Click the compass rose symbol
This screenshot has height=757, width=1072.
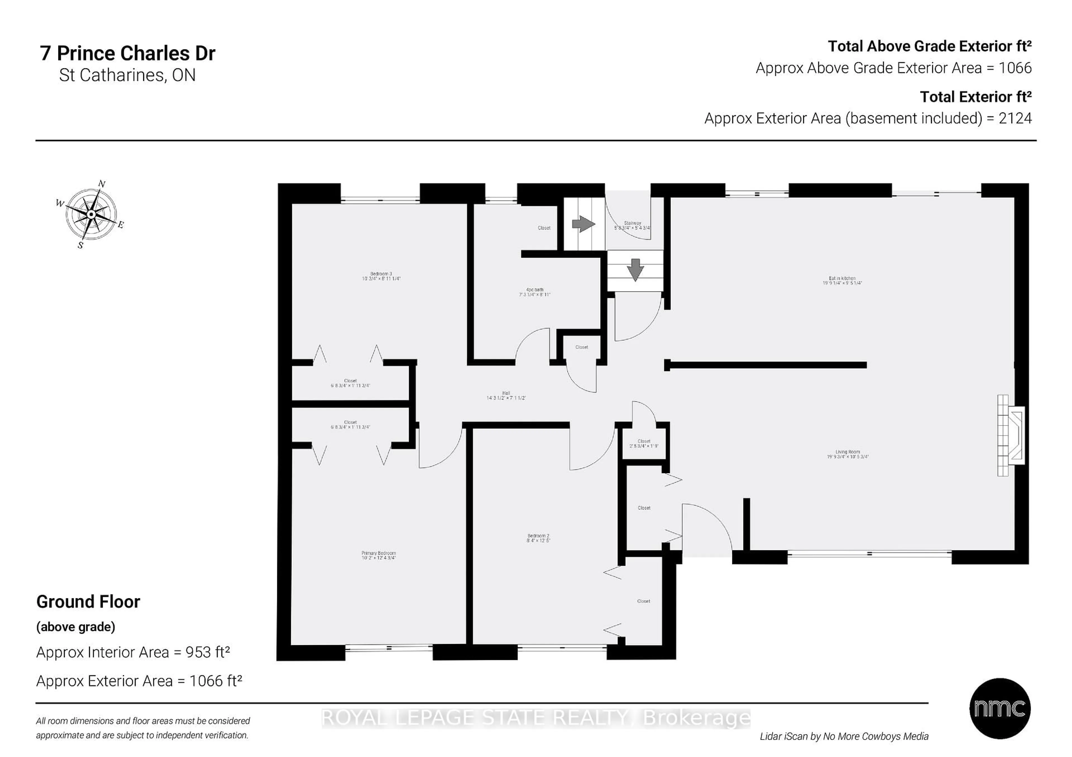[x=91, y=214]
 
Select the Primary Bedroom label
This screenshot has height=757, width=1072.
[x=378, y=555]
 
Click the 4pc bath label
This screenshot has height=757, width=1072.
[x=535, y=292]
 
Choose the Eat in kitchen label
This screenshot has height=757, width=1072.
[x=842, y=280]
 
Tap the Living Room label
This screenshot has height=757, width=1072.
[x=848, y=454]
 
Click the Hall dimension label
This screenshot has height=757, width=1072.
[x=506, y=396]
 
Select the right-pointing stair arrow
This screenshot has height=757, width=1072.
[x=583, y=224]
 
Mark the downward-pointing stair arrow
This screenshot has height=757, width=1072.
[x=635, y=270]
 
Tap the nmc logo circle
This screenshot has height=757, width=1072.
[x=1000, y=708]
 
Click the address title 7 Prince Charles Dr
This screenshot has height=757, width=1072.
[x=128, y=53]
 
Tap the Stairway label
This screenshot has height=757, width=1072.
[x=632, y=225]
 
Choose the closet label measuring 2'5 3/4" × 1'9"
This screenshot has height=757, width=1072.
[x=643, y=443]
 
